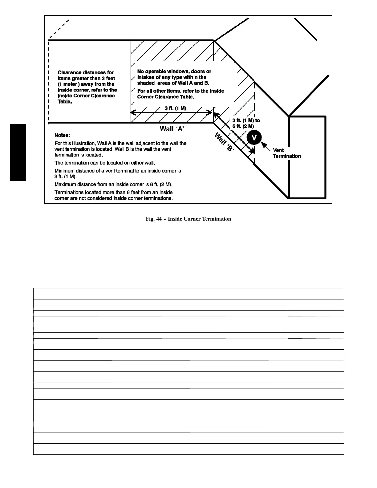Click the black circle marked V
(x=254, y=138)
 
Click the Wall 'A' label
(x=172, y=129)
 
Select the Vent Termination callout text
(x=287, y=153)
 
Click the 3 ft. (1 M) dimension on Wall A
(x=175, y=108)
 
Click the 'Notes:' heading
(x=62, y=135)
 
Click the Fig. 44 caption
(x=188, y=219)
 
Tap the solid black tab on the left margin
(x=18, y=152)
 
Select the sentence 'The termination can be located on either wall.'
(x=107, y=163)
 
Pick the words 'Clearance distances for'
(x=86, y=73)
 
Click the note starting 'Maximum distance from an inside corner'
(x=113, y=185)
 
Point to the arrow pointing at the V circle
(x=266, y=145)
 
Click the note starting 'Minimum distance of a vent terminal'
(x=117, y=173)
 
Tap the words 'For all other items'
(x=156, y=91)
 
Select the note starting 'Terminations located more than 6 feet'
(x=113, y=195)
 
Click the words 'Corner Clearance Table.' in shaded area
(x=165, y=97)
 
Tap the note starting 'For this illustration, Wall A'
(x=120, y=149)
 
